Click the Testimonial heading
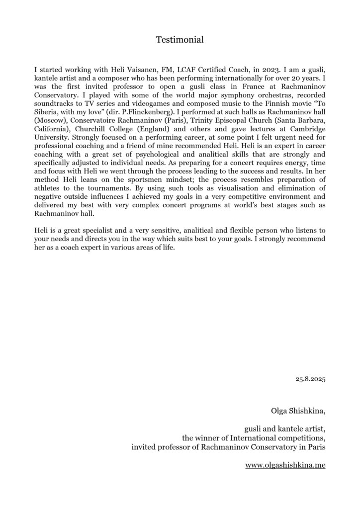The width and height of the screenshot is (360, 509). (180, 39)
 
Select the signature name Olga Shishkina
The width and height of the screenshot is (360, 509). (297, 411)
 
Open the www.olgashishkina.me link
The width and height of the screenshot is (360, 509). (285, 465)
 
